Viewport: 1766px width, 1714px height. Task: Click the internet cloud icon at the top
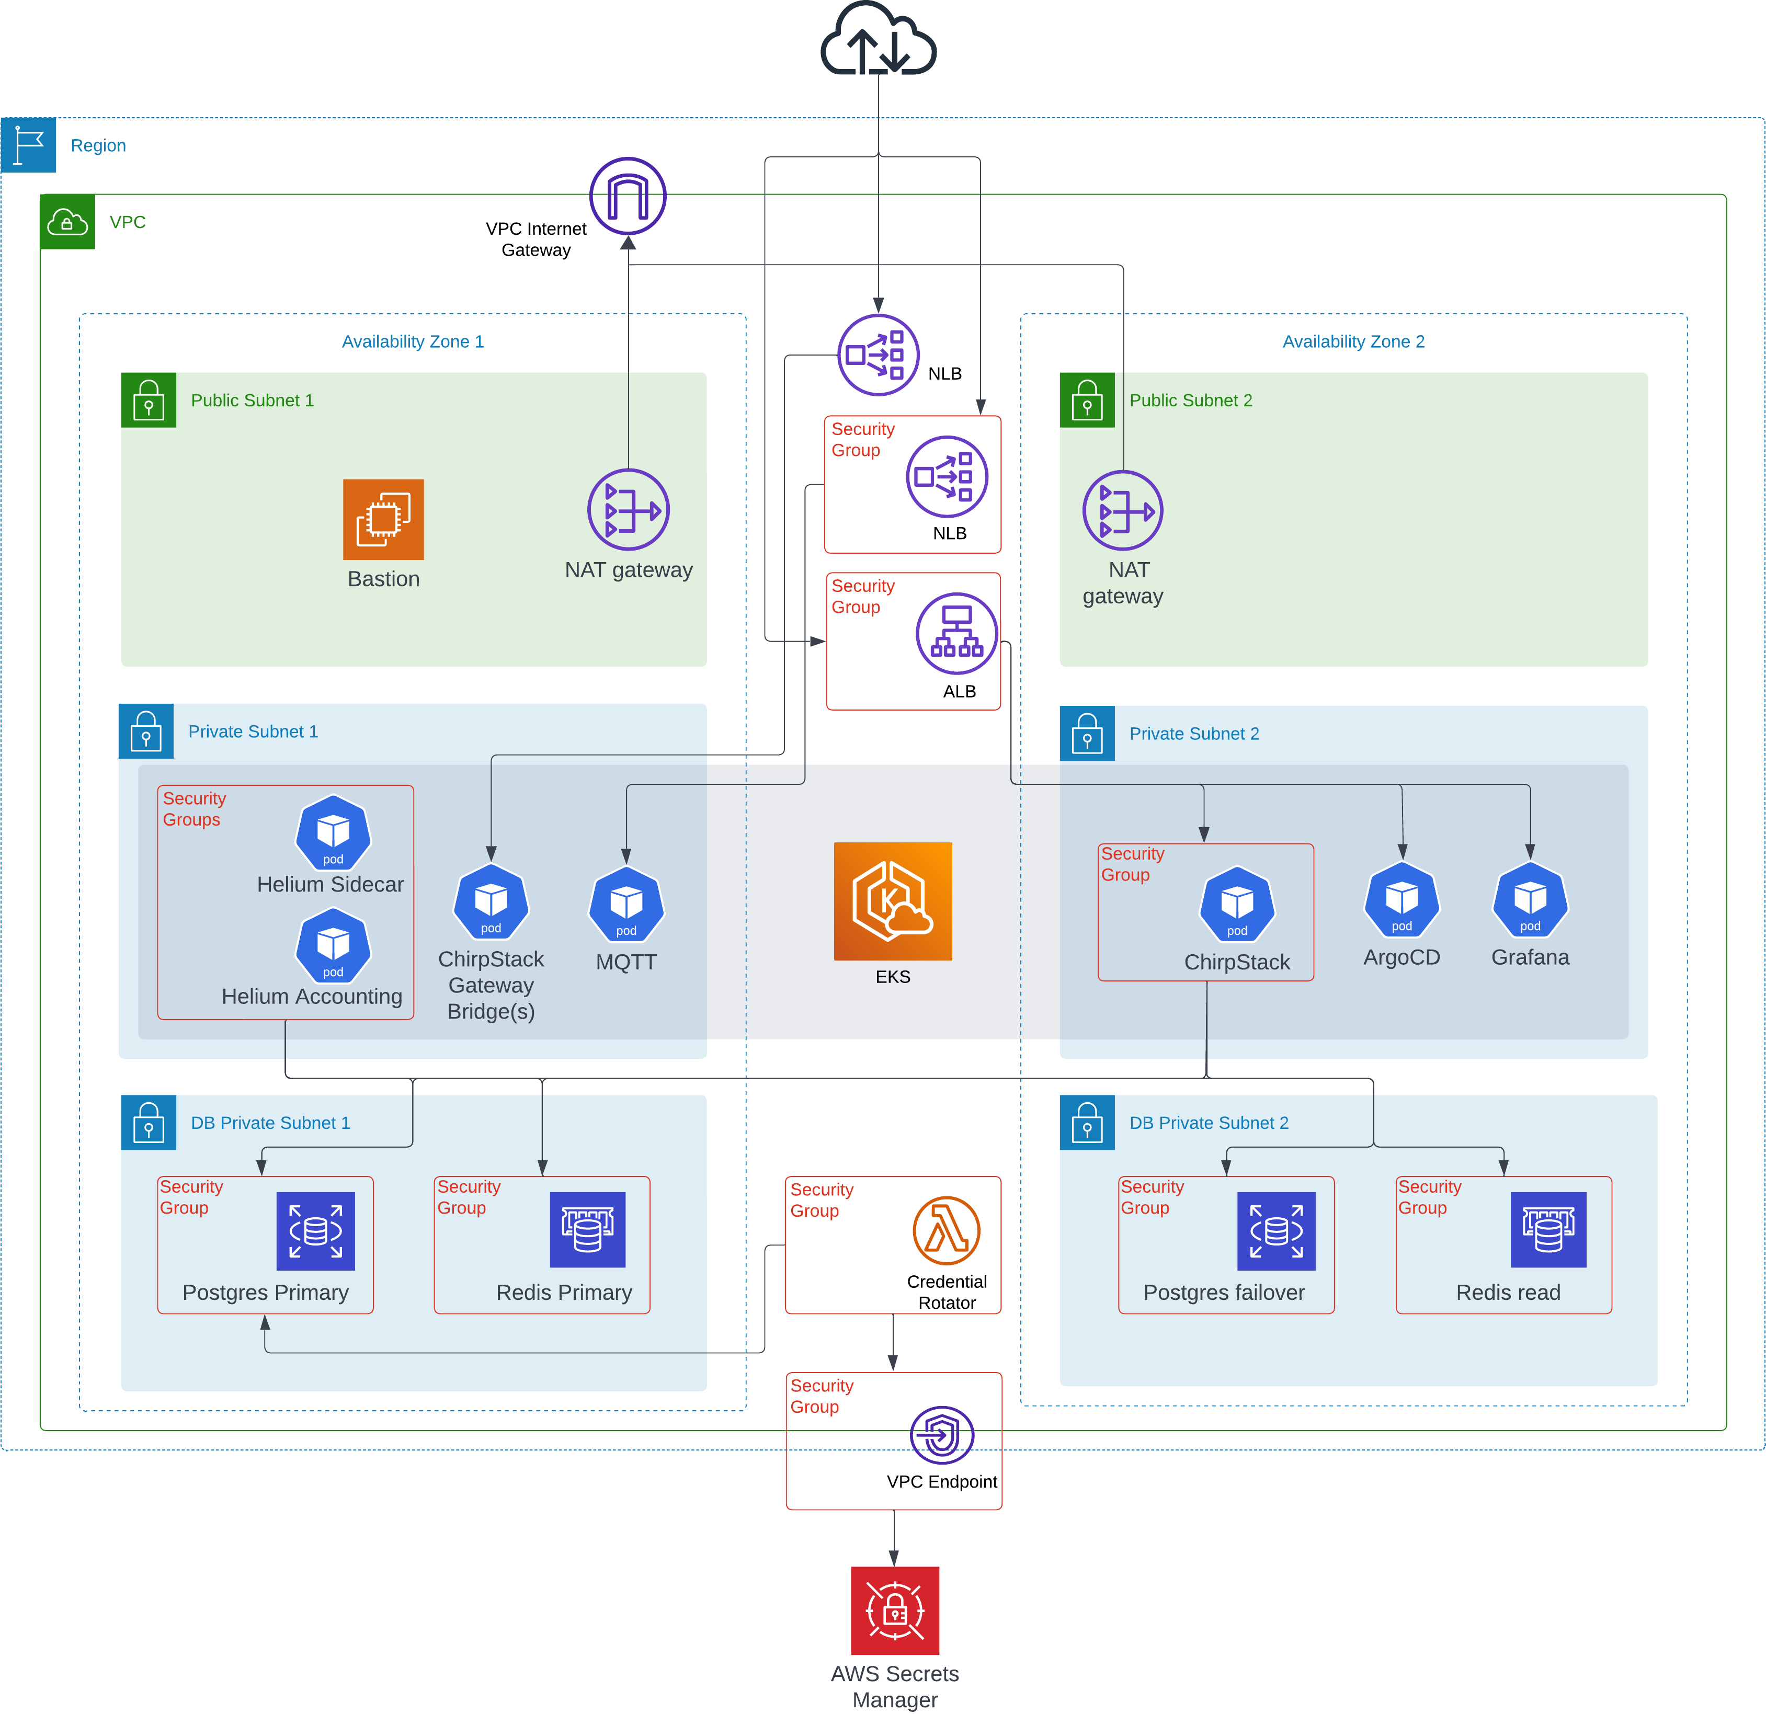pos(879,41)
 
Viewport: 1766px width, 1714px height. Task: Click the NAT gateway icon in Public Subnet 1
pos(628,510)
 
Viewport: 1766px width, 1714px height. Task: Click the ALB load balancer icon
pos(957,633)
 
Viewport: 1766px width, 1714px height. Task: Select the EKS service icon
pos(893,901)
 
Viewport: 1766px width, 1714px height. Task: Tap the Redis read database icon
pos(1548,1230)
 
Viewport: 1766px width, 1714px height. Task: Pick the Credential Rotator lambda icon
pos(946,1230)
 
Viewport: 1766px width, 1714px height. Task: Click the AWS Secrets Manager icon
pos(895,1610)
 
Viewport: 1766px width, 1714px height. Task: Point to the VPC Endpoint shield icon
pos(941,1435)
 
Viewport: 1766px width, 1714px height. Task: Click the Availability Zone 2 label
pos(1353,341)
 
